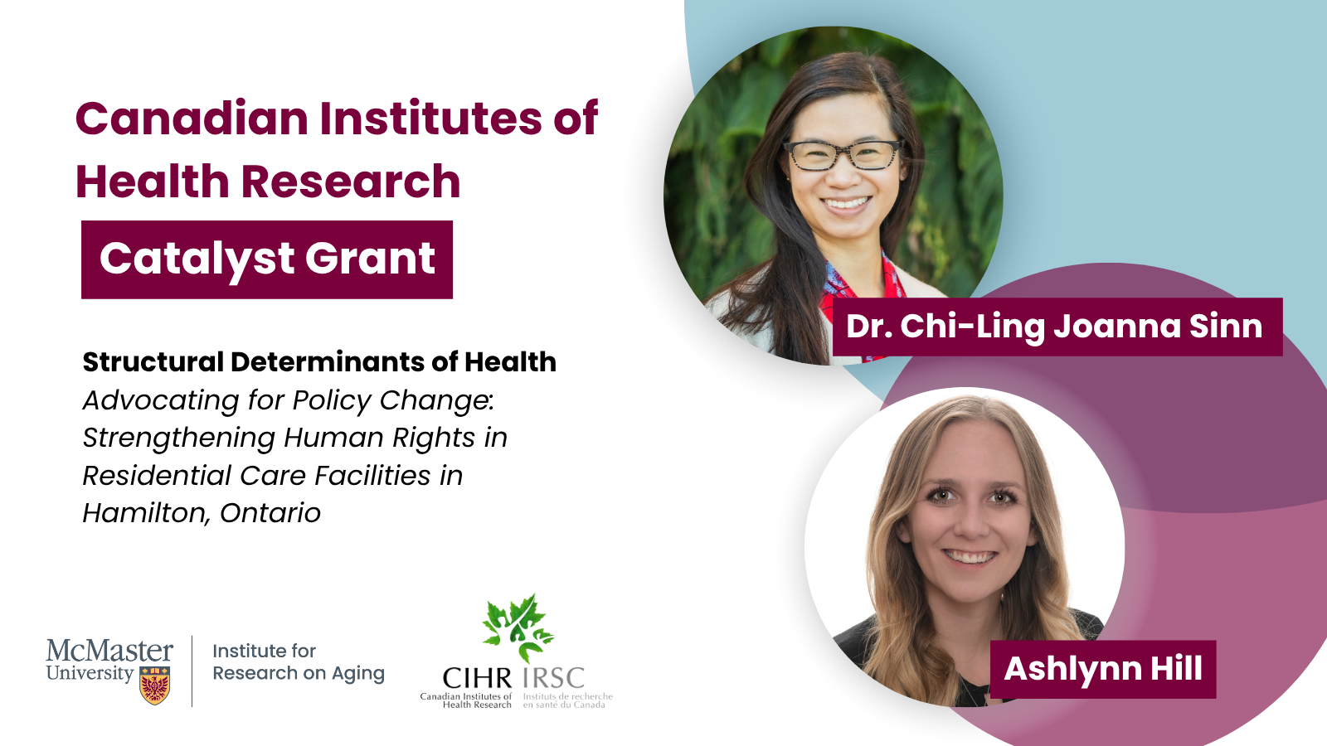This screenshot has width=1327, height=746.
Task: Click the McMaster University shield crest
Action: (x=155, y=685)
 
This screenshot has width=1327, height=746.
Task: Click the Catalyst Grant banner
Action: (x=267, y=259)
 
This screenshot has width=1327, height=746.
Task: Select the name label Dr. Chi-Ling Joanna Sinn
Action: (x=1057, y=327)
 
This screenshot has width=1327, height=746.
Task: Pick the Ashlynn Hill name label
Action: (x=1103, y=669)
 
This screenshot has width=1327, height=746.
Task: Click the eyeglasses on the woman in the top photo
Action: (x=843, y=154)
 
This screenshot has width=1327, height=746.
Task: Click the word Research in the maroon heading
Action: (x=351, y=182)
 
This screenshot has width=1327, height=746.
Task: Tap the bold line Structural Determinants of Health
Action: (x=319, y=361)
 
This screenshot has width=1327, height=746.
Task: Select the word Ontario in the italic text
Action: (x=270, y=513)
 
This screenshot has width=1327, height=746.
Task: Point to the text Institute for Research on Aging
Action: (x=299, y=662)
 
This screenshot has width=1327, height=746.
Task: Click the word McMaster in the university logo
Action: (x=109, y=651)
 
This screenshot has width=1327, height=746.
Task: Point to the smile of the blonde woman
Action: (x=970, y=557)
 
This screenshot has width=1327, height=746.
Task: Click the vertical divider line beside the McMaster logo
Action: (x=192, y=671)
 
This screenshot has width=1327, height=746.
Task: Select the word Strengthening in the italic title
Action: (x=177, y=438)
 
